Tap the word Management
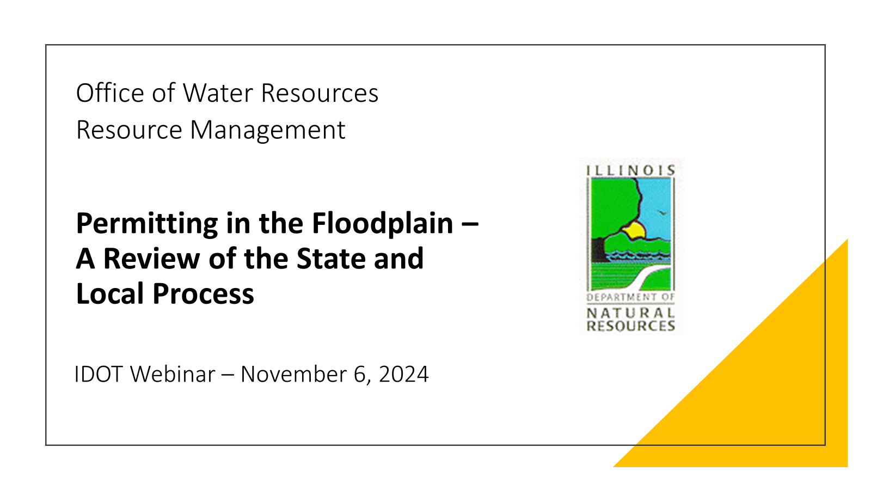pos(267,130)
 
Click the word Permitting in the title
pos(147,224)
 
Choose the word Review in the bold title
pos(152,259)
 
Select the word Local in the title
pos(111,293)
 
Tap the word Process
pos(204,294)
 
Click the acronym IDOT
pos(99,375)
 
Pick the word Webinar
pos(173,375)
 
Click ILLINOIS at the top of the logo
pos(631,170)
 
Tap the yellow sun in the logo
pos(635,230)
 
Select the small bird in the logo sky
pos(662,212)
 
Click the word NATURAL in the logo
pos(630,313)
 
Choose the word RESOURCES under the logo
pos(631,326)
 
